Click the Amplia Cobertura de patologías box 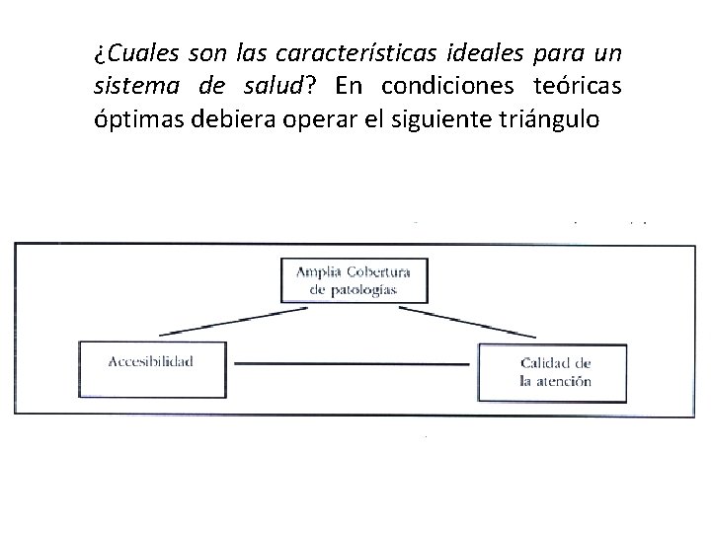pyautogui.click(x=354, y=279)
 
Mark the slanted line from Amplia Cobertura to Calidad pyautogui.click(x=481, y=319)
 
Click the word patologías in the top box pyautogui.click(x=366, y=290)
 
